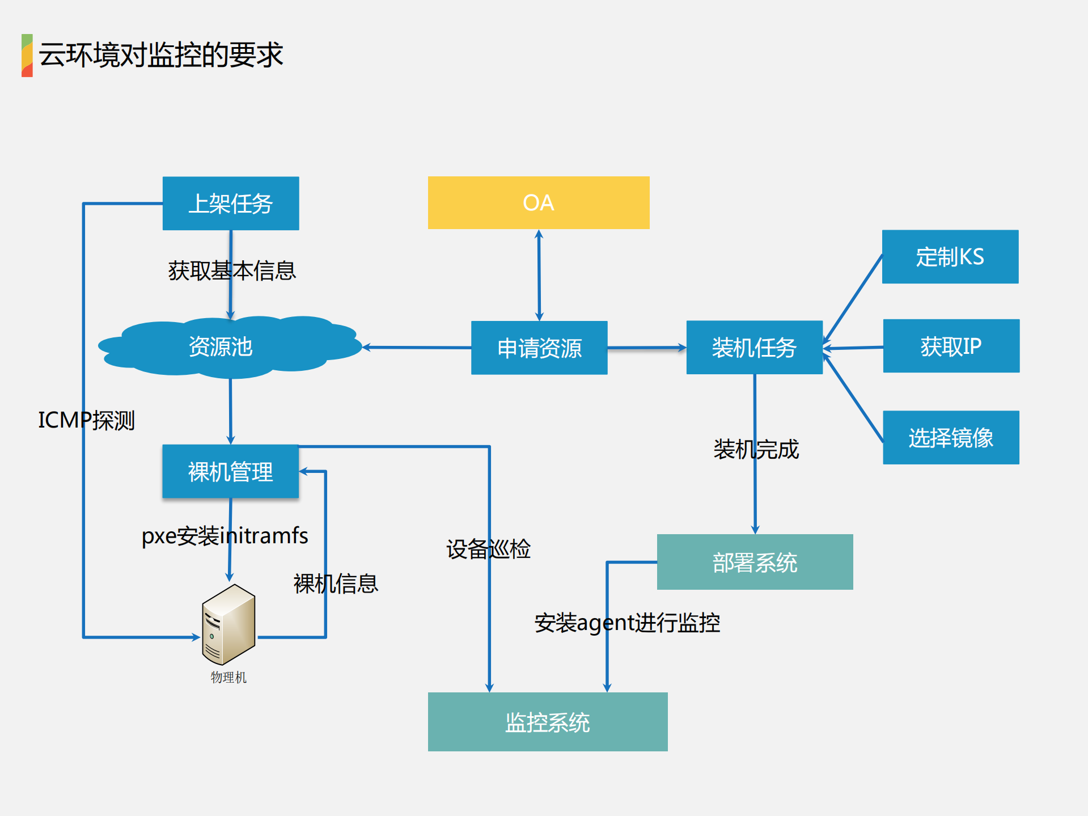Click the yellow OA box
click(x=538, y=202)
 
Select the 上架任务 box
click(x=230, y=203)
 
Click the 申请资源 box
click(x=539, y=348)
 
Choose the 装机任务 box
click(x=753, y=347)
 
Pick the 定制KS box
click(x=950, y=256)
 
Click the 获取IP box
click(x=951, y=346)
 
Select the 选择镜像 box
click(x=951, y=437)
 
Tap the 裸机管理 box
click(x=230, y=471)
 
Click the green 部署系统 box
click(x=754, y=562)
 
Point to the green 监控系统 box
click(x=547, y=721)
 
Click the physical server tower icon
click(x=228, y=624)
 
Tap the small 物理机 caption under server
click(x=228, y=677)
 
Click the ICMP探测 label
click(x=86, y=420)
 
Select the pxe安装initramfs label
click(x=225, y=535)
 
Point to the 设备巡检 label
click(x=488, y=549)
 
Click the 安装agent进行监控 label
click(x=627, y=623)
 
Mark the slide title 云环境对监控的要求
click(x=161, y=55)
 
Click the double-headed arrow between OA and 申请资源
click(x=539, y=275)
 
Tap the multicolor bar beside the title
click(x=27, y=55)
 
